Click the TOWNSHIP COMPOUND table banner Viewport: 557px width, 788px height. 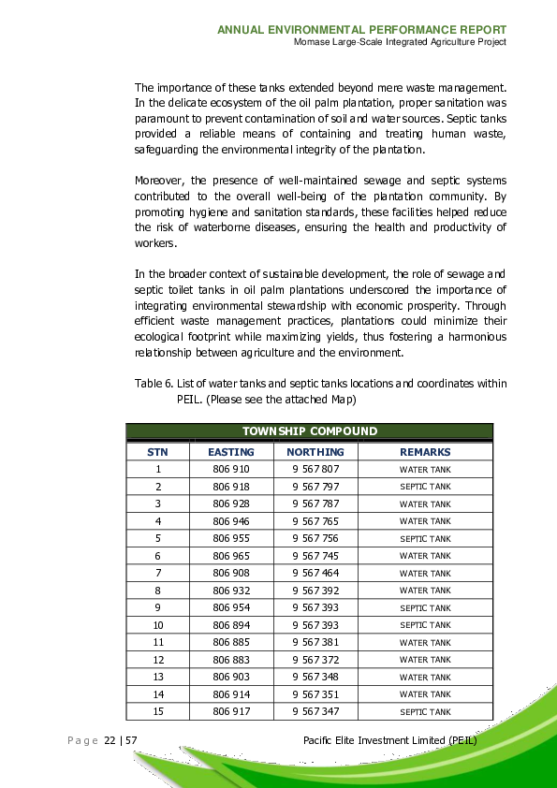coord(309,431)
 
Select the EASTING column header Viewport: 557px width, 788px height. coord(230,452)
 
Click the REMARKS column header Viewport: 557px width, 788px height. coord(425,452)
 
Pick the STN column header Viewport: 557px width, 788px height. coord(158,452)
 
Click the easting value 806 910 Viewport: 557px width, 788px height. coord(230,469)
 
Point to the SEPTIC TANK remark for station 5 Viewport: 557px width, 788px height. coord(425,538)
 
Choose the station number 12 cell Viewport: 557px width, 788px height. coord(158,660)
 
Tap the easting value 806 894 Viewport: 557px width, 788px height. coord(230,625)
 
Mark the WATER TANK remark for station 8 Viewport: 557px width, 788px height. coord(425,591)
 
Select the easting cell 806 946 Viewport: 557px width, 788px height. coord(230,521)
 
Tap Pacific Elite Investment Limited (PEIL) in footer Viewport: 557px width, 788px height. coord(391,740)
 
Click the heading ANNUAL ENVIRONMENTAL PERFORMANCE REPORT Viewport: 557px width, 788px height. coord(362,30)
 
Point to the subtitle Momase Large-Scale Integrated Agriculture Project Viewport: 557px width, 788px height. coord(400,42)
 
